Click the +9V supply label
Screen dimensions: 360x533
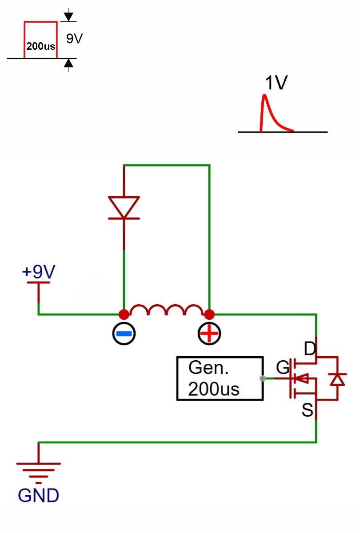tap(39, 271)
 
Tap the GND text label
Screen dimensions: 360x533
tap(38, 495)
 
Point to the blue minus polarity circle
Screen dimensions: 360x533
tap(124, 334)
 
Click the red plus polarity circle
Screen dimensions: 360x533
tap(209, 334)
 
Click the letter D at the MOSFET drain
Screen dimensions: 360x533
tap(310, 349)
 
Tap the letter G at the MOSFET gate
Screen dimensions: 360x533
tap(283, 367)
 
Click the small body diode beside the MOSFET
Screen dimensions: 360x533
tap(337, 379)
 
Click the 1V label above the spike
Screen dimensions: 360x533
tap(276, 83)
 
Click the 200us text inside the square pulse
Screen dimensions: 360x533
tap(41, 46)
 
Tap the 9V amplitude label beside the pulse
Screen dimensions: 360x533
tap(74, 39)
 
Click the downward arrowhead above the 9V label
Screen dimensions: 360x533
tap(68, 17)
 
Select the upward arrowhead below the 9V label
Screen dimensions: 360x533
tap(68, 63)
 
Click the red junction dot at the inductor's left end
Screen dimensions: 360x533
tap(124, 314)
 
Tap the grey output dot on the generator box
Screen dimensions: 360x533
tap(263, 378)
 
